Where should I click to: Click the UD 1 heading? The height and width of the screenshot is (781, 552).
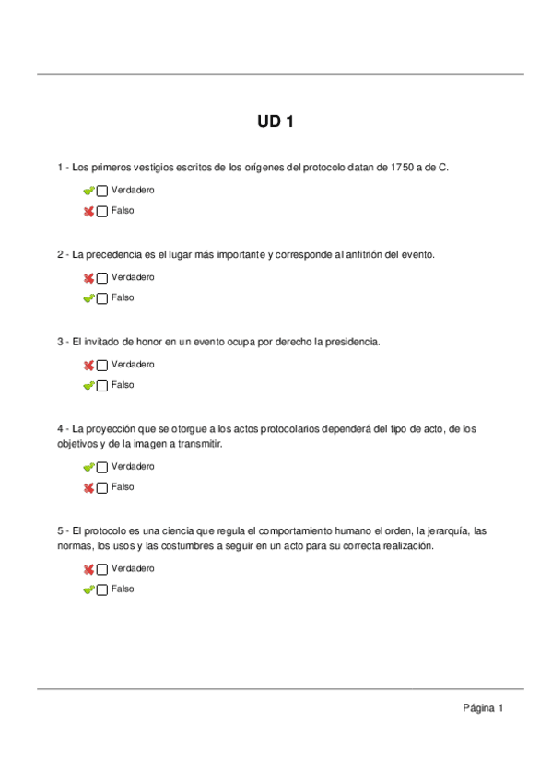coord(276,122)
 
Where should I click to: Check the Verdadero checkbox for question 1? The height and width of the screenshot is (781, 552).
coord(101,191)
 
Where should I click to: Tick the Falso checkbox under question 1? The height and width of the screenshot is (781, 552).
coord(101,211)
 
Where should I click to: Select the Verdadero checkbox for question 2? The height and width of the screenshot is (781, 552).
coord(101,277)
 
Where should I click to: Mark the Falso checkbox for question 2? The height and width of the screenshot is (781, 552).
coord(101,298)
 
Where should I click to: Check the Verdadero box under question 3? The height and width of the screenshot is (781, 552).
coord(101,365)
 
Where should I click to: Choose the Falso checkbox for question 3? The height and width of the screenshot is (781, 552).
coord(101,386)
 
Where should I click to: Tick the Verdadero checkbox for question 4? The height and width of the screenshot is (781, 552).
coord(101,467)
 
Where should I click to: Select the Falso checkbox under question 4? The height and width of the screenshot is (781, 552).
coord(101,487)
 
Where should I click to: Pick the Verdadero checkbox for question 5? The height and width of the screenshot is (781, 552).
coord(101,569)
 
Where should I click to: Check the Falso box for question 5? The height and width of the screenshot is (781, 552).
coord(101,589)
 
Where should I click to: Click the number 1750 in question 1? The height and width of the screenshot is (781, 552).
coord(403,167)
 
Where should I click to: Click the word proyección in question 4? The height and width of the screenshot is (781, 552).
coord(112,429)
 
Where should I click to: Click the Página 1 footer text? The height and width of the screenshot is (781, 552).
coord(483,708)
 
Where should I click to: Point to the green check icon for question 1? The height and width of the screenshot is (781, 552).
coord(88,191)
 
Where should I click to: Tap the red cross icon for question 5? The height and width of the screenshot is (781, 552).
coord(88,569)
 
